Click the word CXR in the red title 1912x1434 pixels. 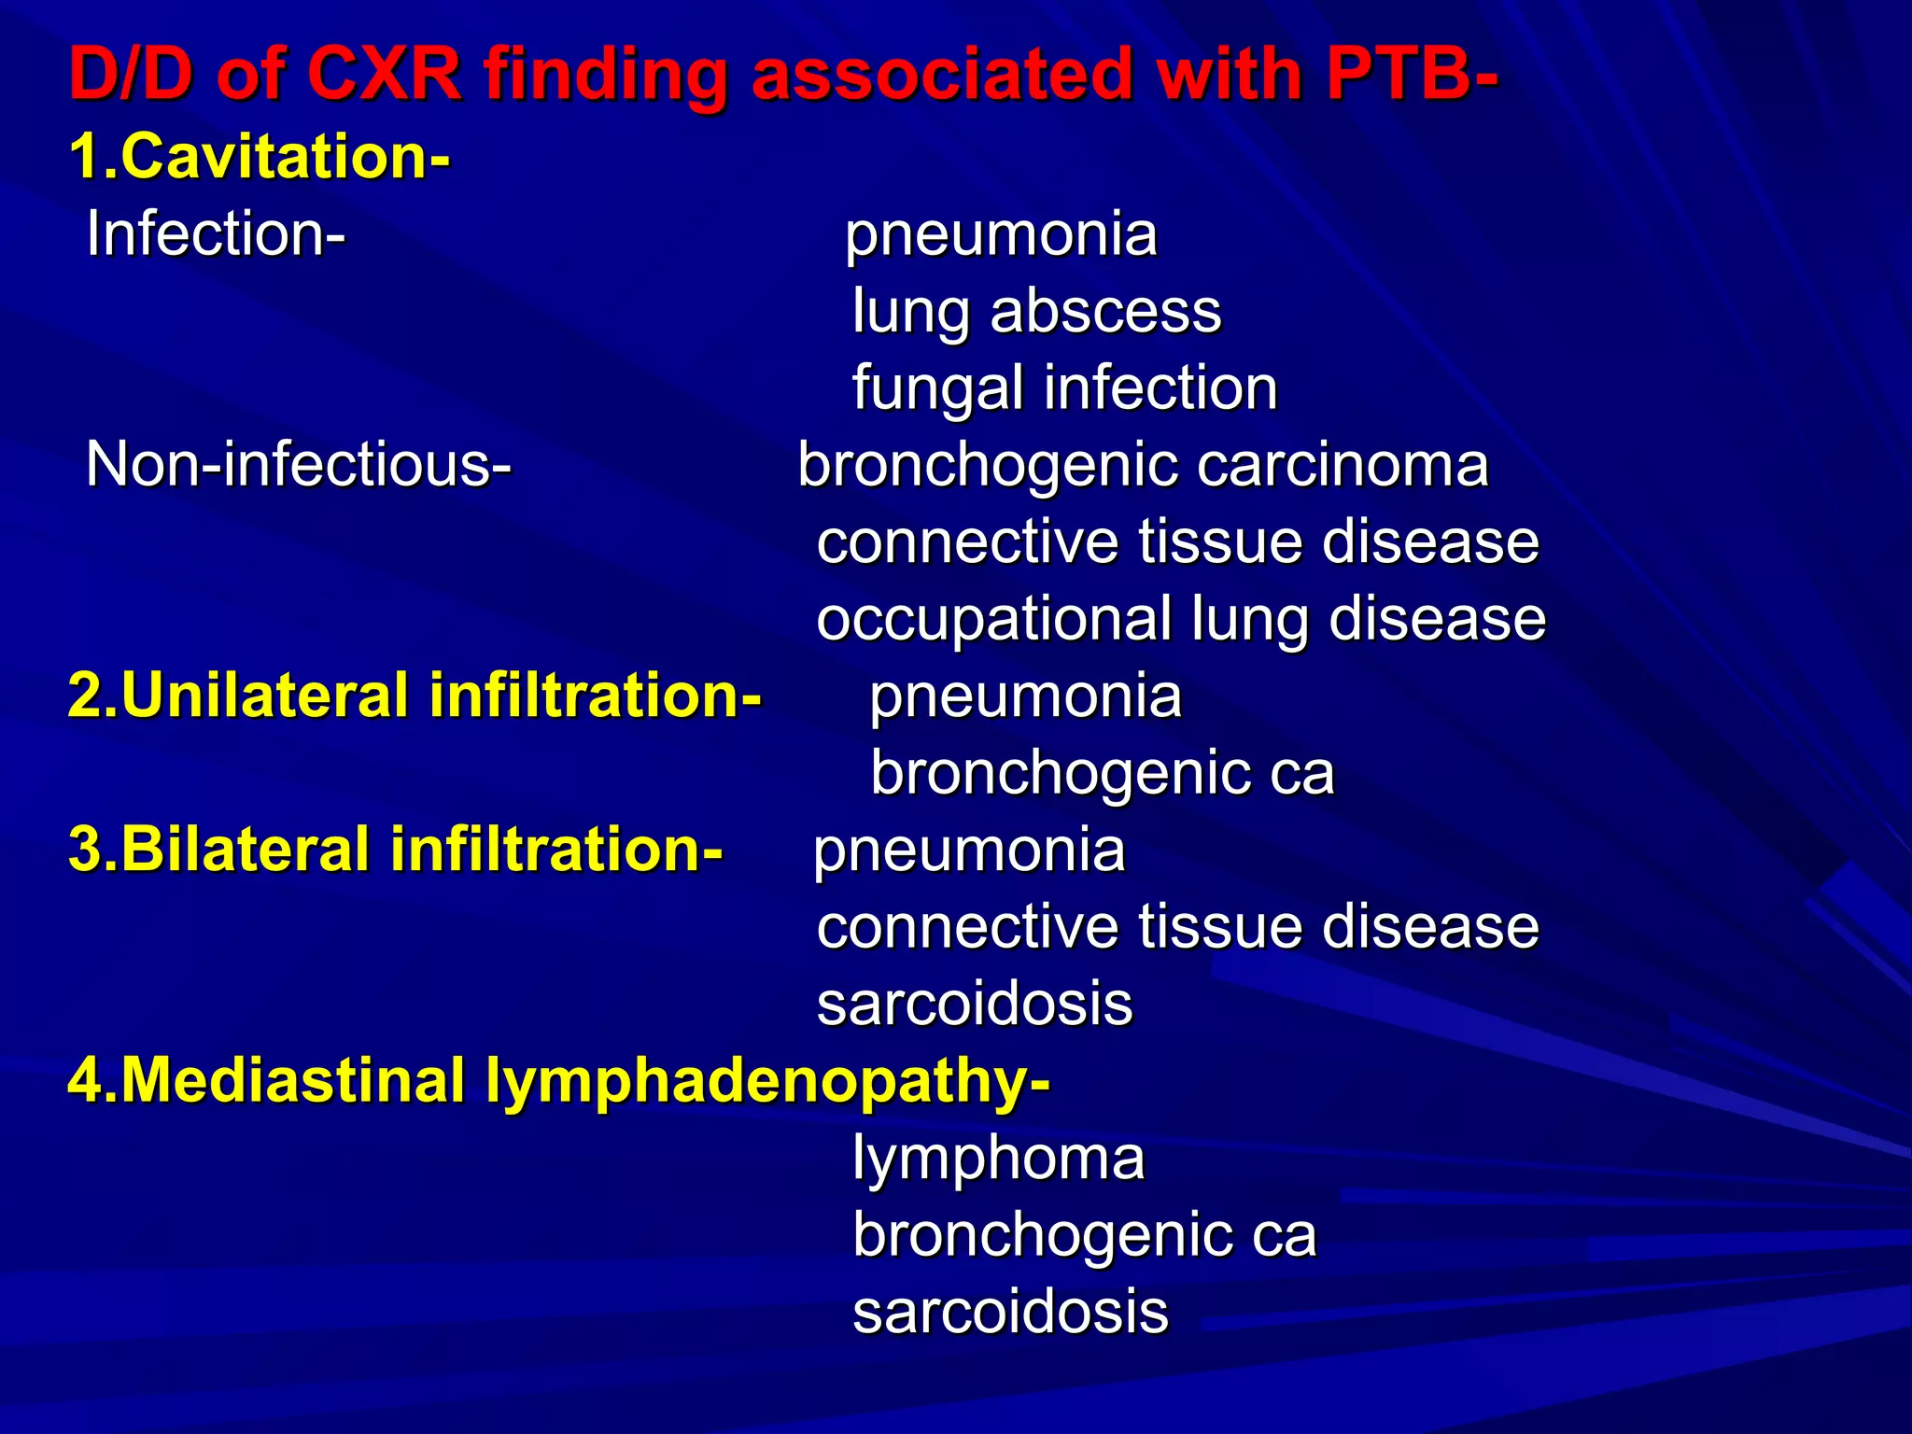click(384, 75)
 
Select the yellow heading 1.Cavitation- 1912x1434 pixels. click(260, 156)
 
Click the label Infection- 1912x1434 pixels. click(216, 233)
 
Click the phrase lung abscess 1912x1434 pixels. click(1036, 311)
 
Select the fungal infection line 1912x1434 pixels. click(1064, 388)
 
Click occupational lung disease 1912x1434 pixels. click(1181, 619)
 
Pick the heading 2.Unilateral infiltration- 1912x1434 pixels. click(415, 696)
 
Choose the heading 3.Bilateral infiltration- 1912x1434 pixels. click(395, 850)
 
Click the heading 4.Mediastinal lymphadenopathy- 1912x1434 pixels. click(558, 1080)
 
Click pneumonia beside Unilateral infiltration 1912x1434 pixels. click(1025, 696)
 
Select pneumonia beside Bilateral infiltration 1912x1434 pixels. click(970, 850)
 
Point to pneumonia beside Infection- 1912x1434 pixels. click(1001, 233)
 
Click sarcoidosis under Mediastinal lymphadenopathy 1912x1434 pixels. click(1010, 1312)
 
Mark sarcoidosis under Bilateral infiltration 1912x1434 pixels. click(975, 1004)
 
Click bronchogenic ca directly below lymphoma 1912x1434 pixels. click(1084, 1235)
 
